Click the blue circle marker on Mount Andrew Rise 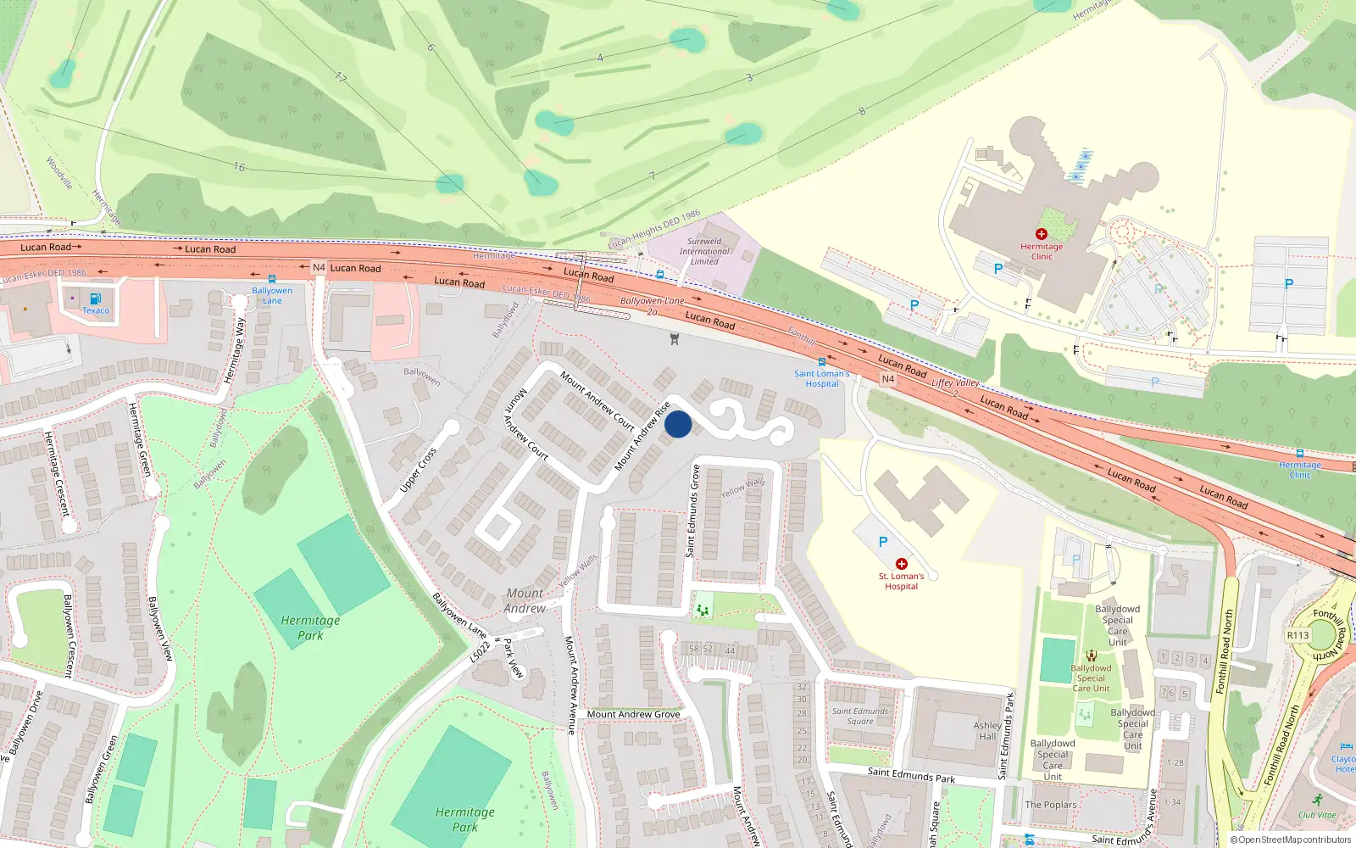pos(678,424)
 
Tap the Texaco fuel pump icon pos(95,298)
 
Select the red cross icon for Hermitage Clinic pos(1041,234)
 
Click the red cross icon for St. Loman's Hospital pos(902,564)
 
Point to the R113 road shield pos(1298,635)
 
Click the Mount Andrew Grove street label pos(633,714)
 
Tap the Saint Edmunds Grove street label pos(693,510)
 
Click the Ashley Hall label pos(987,730)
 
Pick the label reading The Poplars pos(1050,805)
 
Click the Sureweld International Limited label pos(703,251)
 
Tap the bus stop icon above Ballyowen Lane pos(272,278)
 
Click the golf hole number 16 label pos(239,167)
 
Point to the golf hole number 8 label pos(862,111)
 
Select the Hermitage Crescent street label pos(56,473)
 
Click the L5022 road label pos(480,651)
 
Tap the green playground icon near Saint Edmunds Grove pos(702,609)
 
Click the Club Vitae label pos(1316,815)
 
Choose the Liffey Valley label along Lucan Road pos(955,383)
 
